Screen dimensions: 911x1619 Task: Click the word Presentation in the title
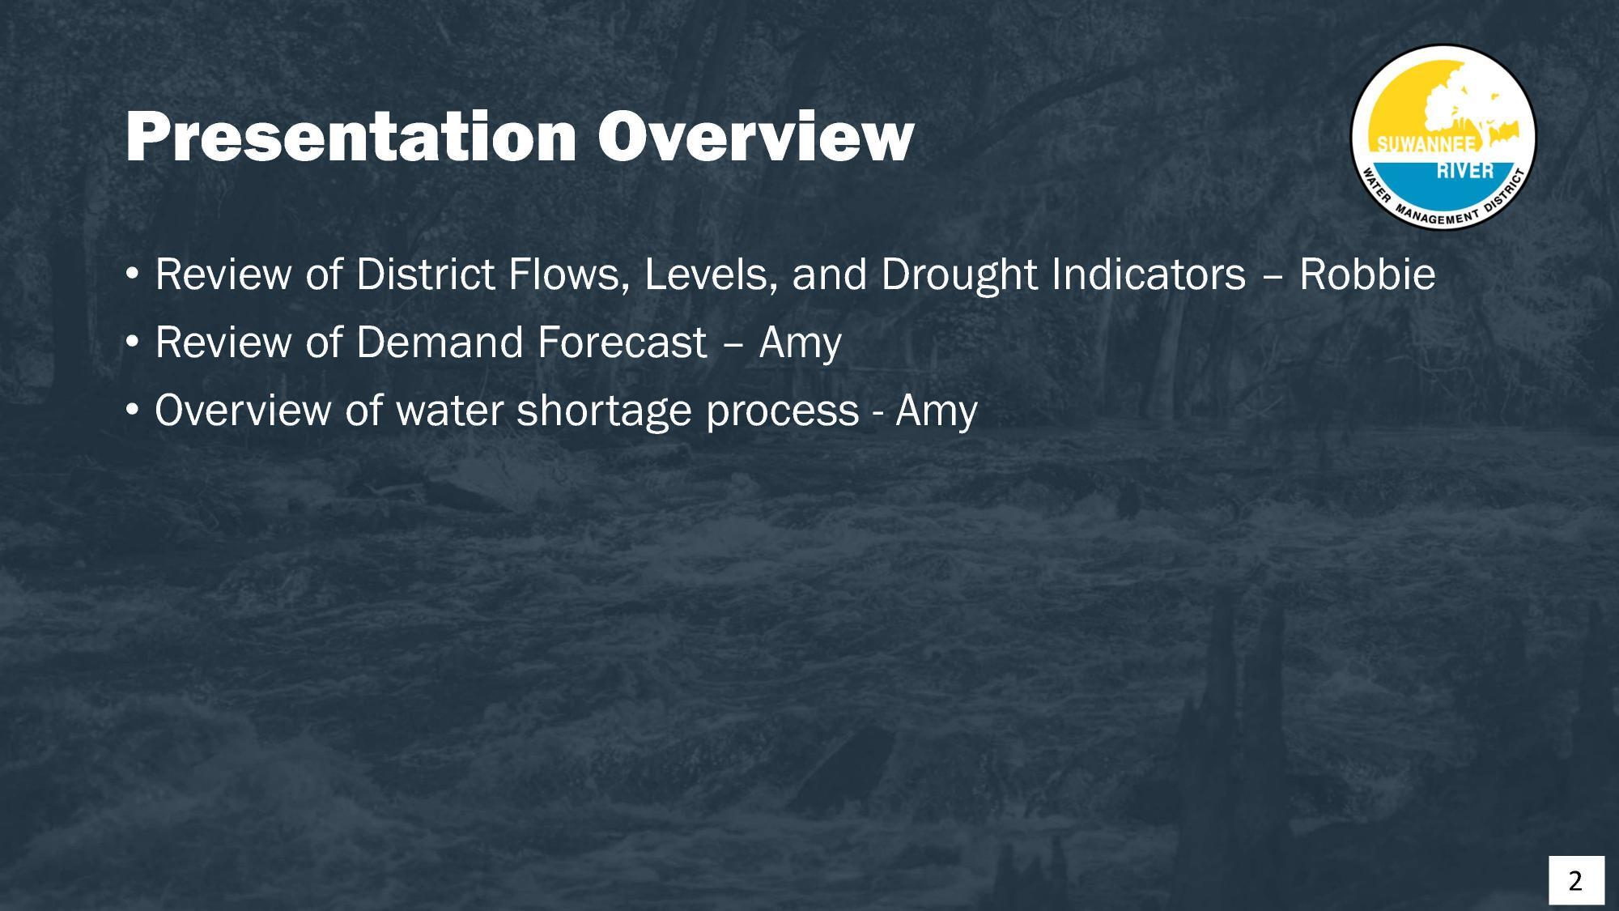pos(350,138)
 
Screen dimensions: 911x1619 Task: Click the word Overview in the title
pos(755,138)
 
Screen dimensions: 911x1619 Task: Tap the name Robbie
pos(1366,275)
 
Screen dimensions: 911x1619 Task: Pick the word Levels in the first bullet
pos(711,275)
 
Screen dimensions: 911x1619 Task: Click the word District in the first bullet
pos(425,275)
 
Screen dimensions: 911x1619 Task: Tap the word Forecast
pos(622,343)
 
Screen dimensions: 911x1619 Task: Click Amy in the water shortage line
pos(936,411)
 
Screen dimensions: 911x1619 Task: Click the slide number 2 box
pos(1575,879)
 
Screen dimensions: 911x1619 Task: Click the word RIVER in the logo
pos(1465,171)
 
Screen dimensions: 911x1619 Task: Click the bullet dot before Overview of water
pos(132,411)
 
